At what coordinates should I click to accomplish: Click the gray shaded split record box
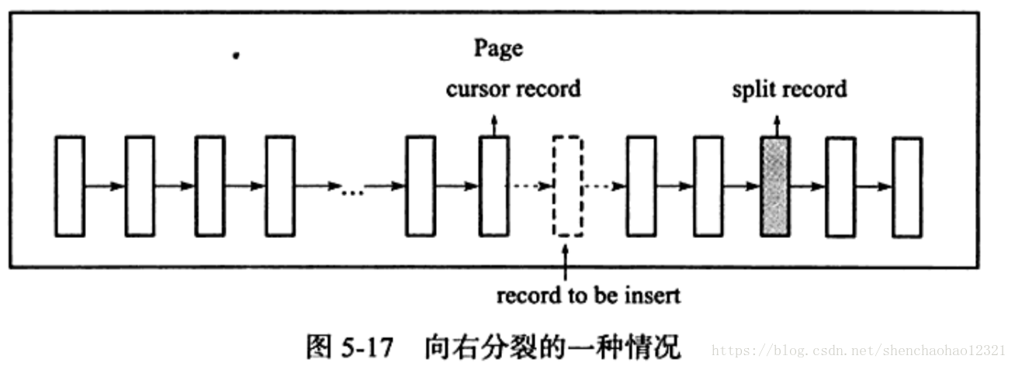coord(775,186)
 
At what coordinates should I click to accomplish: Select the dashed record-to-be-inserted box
coord(566,186)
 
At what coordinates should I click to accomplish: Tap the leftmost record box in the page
coord(70,186)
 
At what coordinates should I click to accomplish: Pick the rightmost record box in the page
coord(907,186)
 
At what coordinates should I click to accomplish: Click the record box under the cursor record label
coord(494,186)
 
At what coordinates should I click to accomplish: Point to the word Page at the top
coord(498,49)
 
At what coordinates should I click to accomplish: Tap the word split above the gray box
coord(751,89)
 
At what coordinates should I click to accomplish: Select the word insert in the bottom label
coord(656,295)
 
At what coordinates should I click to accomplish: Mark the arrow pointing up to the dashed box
coord(566,262)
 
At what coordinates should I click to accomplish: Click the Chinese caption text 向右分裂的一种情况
coord(552,347)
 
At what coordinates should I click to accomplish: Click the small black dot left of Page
coord(236,56)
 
